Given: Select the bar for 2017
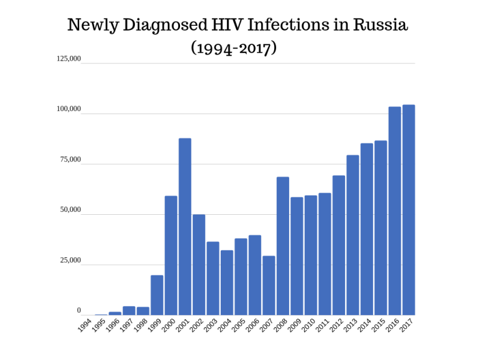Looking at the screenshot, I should point(409,210).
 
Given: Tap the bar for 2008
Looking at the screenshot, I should point(283,246).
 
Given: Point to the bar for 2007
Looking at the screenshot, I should point(269,286).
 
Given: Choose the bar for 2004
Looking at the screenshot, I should point(227,283).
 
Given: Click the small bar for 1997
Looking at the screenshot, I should point(129,311).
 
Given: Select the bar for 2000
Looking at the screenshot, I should point(171,256).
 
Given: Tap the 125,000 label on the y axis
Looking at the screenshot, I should point(68,59).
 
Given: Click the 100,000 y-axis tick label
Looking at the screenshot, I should point(68,109).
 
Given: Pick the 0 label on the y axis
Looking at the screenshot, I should point(79,311).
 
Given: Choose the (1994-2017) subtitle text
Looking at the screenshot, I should point(233,47).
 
